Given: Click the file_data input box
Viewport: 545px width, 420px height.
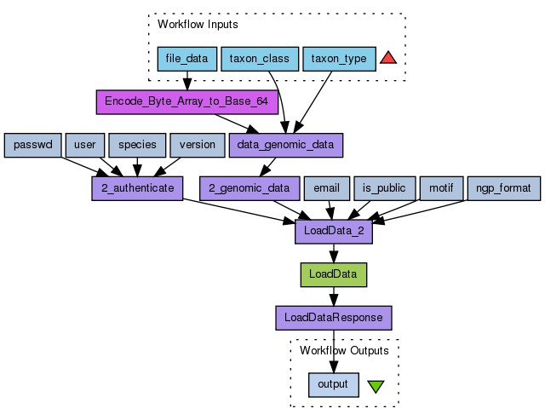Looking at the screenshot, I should pos(186,59).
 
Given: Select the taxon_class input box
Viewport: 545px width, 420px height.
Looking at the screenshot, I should pos(260,59).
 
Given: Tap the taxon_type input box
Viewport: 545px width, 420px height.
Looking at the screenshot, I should pos(338,59).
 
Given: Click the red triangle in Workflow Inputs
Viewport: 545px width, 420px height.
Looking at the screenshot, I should pos(388,58).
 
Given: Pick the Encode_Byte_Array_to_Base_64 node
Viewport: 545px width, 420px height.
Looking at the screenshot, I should pos(186,101).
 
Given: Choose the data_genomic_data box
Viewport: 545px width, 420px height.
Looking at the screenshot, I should pos(285,145).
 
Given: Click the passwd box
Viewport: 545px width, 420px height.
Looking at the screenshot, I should pos(32,145).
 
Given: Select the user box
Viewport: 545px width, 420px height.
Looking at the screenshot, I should pos(85,145).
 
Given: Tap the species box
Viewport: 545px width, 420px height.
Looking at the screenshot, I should pos(137,145).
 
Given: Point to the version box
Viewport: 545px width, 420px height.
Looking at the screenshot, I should pos(197,145).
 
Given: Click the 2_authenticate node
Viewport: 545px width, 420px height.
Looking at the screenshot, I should pos(137,188).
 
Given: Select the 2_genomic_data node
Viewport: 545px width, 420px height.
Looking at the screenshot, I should pos(249,188).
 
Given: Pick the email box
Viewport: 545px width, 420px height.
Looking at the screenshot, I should pos(326,188).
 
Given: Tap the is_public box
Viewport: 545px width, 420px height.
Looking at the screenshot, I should pos(384,188).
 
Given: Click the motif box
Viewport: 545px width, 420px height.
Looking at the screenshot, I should pos(441,188).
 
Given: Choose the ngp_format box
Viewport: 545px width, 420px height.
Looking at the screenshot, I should pos(503,188).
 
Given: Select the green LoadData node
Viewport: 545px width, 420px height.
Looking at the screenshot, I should pos(334,274).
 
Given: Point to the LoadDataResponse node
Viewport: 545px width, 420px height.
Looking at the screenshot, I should pos(334,318).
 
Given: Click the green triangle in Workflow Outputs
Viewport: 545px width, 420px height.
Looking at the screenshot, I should pos(376,386).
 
